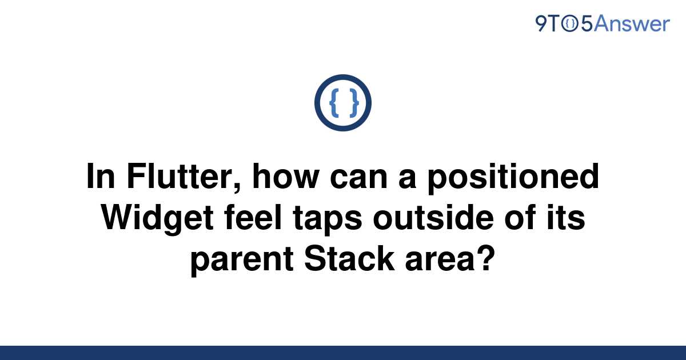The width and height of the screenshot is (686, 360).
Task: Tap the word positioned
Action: (513, 178)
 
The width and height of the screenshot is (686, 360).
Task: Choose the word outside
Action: (433, 218)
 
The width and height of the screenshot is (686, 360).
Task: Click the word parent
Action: (242, 261)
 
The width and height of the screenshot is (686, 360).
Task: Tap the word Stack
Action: (349, 259)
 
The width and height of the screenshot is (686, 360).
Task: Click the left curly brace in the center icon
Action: (334, 103)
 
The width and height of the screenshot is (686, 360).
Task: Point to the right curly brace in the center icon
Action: (354, 103)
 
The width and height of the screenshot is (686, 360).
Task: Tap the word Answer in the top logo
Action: (632, 24)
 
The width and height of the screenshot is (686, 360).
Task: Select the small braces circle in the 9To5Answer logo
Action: (570, 24)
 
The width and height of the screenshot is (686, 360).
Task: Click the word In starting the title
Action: (101, 177)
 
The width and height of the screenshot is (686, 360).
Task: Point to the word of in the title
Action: (520, 218)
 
